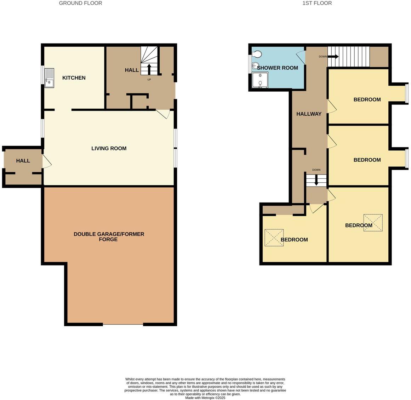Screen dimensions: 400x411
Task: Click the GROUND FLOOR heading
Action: pyautogui.click(x=80, y=3)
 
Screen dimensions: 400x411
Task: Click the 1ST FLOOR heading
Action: pyautogui.click(x=317, y=3)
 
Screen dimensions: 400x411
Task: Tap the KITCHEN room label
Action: pyautogui.click(x=74, y=78)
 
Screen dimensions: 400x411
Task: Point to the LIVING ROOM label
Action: pyautogui.click(x=109, y=148)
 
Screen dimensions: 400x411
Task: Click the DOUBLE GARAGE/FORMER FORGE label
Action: pyautogui.click(x=109, y=237)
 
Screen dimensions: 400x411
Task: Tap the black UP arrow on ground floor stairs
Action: pyautogui.click(x=149, y=68)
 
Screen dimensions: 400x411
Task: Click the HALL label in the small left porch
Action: pyautogui.click(x=23, y=161)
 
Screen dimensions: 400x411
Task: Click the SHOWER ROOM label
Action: pyautogui.click(x=278, y=68)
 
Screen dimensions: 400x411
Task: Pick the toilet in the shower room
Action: pyautogui.click(x=257, y=54)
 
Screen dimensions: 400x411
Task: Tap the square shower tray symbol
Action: pyautogui.click(x=260, y=80)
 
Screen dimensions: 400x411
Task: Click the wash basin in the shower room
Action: pyautogui.click(x=255, y=65)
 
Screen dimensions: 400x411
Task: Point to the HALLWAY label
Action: pyautogui.click(x=309, y=114)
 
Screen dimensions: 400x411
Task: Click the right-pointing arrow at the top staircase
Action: pyautogui.click(x=333, y=57)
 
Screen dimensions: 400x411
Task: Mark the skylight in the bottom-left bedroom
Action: pyautogui.click(x=274, y=238)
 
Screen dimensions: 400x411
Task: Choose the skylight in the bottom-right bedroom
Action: pyautogui.click(x=373, y=223)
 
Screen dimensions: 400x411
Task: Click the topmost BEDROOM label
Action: pyautogui.click(x=367, y=99)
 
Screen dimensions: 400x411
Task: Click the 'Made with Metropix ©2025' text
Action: pyautogui.click(x=205, y=398)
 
